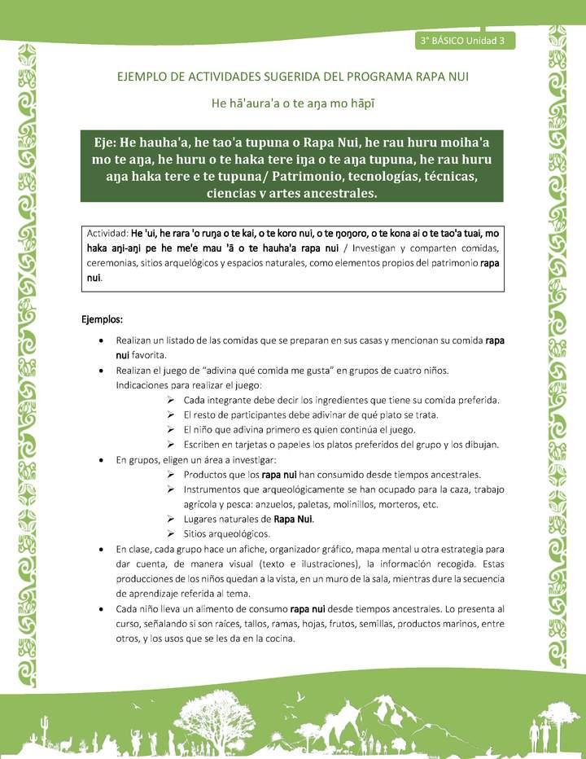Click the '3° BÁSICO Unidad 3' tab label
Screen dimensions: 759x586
463,40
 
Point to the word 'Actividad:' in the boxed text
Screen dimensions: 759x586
107,233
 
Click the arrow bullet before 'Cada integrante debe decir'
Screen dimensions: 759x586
171,400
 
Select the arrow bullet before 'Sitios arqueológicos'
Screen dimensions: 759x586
171,533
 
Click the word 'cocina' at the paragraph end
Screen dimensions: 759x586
276,638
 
